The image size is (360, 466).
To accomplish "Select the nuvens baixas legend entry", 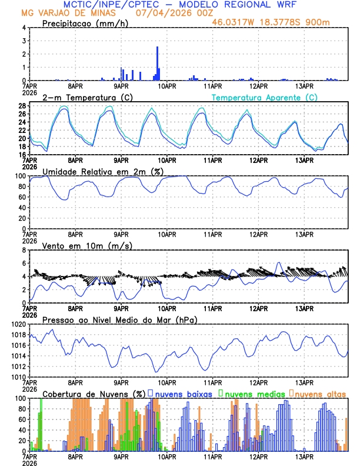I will click(179, 393).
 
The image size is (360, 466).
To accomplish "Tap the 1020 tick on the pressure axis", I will click(19, 324).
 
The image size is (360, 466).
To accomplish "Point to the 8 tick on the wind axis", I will click(24, 250).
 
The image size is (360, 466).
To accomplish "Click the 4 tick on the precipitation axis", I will click(24, 28).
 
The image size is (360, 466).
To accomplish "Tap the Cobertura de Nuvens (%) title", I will click(94, 393).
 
